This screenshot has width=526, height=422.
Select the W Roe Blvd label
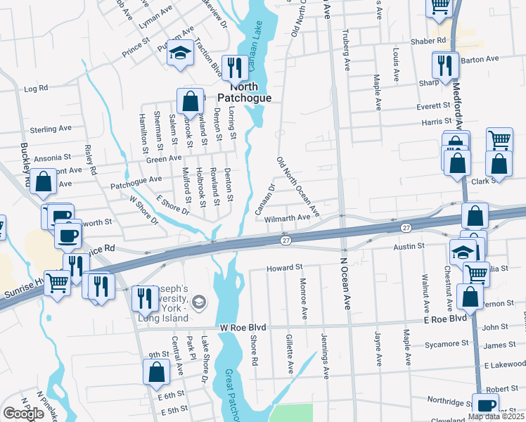pyautogui.click(x=243, y=327)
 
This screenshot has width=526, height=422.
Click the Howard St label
pyautogui.click(x=284, y=268)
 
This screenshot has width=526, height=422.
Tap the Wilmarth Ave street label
pyautogui.click(x=287, y=219)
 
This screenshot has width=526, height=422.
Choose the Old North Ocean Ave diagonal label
pyautogui.click(x=298, y=187)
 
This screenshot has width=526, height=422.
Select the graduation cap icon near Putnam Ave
pyautogui.click(x=181, y=53)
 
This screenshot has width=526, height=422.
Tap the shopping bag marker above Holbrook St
pyautogui.click(x=189, y=101)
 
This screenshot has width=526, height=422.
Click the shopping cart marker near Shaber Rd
pyautogui.click(x=440, y=6)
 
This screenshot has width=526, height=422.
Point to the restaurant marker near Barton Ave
pyautogui.click(x=445, y=65)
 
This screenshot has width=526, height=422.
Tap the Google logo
pyautogui.click(x=23, y=414)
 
